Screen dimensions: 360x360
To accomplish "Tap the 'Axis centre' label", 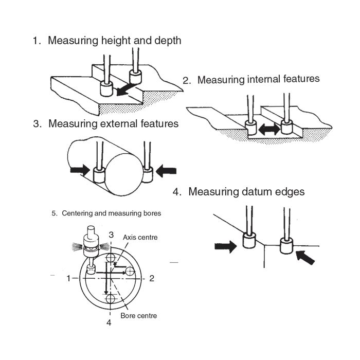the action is click(x=140, y=237).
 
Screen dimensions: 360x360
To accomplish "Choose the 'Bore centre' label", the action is click(x=139, y=315).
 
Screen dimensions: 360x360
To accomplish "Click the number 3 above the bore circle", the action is click(x=111, y=235).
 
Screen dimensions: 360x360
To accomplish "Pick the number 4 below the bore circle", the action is click(x=109, y=322).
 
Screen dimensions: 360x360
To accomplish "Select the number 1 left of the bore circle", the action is click(x=68, y=278).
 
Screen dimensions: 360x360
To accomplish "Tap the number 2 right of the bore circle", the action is click(x=152, y=278).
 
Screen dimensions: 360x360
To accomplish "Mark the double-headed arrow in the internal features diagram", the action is click(x=269, y=130).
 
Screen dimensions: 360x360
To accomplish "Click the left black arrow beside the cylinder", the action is click(x=80, y=170).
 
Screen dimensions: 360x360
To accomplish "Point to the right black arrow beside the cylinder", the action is click(x=166, y=171).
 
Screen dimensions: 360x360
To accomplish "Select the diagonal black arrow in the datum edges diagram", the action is click(x=305, y=257).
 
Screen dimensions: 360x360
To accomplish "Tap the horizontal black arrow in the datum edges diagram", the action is click(x=225, y=246).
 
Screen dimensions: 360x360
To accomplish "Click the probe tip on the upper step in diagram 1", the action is click(x=135, y=77).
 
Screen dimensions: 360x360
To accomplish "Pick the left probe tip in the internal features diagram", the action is click(x=251, y=128).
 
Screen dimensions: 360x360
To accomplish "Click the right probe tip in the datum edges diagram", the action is click(x=286, y=246).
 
